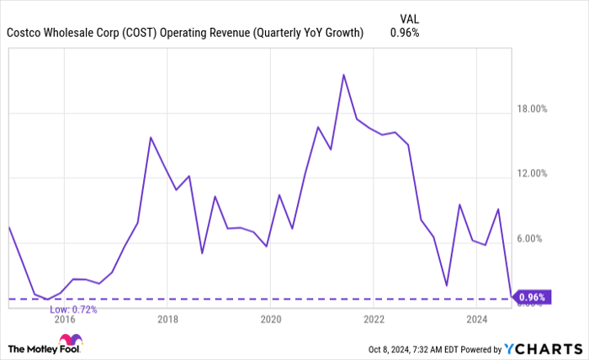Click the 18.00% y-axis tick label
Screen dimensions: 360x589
[x=532, y=109]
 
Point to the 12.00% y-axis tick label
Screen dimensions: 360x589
[x=532, y=173]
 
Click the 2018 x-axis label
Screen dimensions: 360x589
[x=167, y=319]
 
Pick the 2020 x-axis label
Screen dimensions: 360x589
[x=270, y=319]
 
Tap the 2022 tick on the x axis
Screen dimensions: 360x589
[x=374, y=319]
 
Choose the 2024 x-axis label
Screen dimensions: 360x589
[x=477, y=319]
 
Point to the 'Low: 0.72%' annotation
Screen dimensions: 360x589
[x=73, y=310]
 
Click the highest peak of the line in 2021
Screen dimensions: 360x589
[x=344, y=75]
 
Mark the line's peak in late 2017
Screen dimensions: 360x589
[x=151, y=137]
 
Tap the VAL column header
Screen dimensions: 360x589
[x=405, y=18]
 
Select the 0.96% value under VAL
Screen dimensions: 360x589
[x=405, y=33]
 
